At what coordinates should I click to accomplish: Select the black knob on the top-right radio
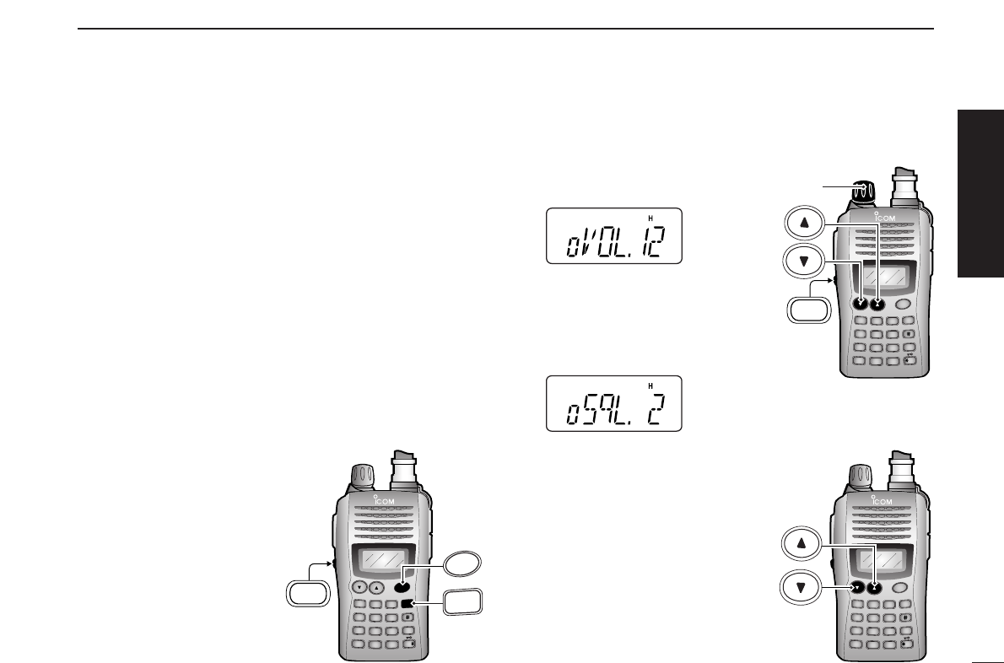point(861,193)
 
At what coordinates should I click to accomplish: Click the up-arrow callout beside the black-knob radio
point(803,224)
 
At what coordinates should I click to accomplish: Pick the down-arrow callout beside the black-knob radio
point(803,261)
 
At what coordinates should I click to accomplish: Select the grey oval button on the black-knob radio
point(904,304)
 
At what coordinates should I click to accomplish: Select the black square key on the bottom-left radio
point(407,604)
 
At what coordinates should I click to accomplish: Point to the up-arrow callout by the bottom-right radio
point(803,545)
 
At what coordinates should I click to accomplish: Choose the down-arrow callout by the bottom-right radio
point(803,585)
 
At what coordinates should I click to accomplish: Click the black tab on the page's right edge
point(981,192)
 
